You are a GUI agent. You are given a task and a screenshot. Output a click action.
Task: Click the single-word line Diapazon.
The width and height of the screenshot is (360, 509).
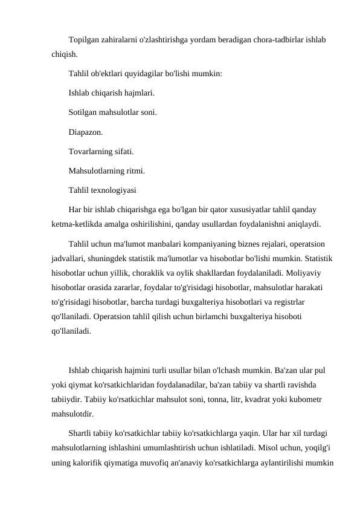[86, 131]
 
